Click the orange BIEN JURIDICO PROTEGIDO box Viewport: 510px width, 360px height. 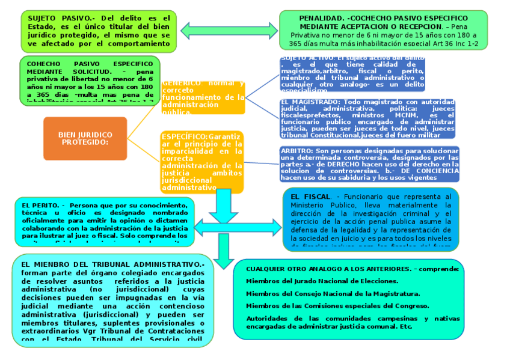point(85,138)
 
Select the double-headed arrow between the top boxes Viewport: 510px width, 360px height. point(229,29)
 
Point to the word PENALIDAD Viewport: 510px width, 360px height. point(322,19)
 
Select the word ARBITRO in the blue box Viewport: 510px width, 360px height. point(296,150)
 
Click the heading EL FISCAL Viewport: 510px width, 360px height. point(310,197)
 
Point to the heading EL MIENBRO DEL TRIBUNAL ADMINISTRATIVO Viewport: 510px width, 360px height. point(112,264)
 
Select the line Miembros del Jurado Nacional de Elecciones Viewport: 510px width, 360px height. point(322,281)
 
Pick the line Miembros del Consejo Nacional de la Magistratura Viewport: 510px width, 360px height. point(333,293)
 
